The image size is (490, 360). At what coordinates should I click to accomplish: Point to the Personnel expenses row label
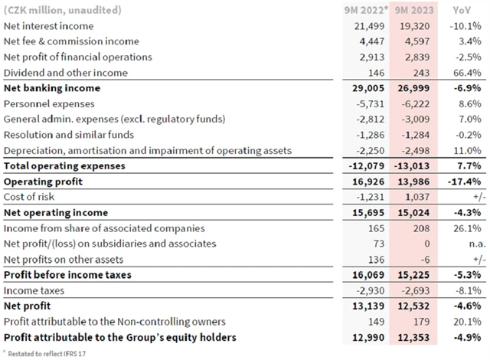tap(51, 103)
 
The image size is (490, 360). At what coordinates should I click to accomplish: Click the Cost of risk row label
tap(31, 197)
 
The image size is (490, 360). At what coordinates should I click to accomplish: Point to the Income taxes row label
tap(35, 290)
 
